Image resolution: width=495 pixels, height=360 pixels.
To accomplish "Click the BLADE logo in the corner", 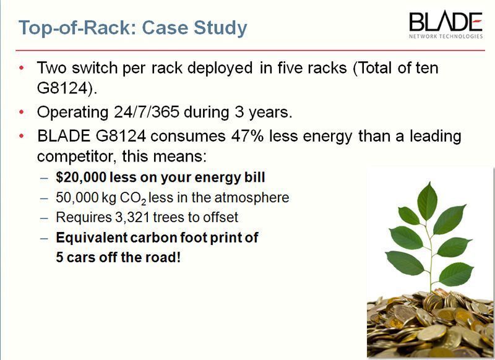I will pos(445,23).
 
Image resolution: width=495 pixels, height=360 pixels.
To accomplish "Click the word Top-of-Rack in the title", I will pos(74,28).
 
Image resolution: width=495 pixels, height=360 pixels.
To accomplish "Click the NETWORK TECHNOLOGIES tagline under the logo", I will pos(445,36).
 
